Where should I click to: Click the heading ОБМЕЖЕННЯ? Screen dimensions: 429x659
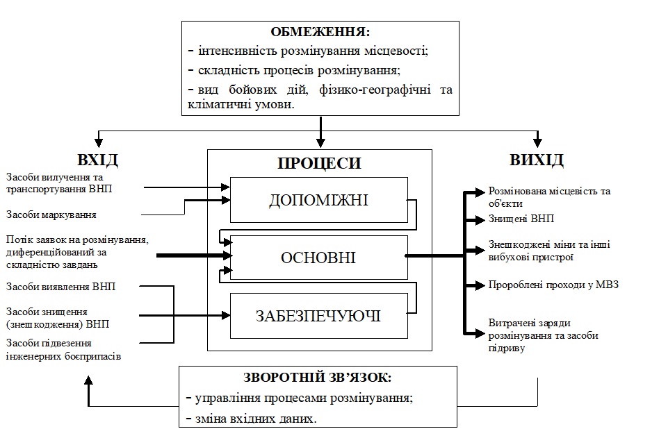point(320,32)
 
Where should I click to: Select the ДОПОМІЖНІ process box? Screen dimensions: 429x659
point(319,200)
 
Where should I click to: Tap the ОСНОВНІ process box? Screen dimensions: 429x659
point(319,258)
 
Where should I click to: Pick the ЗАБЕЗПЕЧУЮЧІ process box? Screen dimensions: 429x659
point(319,316)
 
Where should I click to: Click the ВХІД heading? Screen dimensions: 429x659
point(100,160)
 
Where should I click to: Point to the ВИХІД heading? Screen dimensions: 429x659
point(537,160)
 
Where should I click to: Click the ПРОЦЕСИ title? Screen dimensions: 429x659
point(319,164)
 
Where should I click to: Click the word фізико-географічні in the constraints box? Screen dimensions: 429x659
point(364,90)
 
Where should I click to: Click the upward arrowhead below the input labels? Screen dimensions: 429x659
point(89,380)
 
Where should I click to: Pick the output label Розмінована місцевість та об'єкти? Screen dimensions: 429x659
point(549,197)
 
